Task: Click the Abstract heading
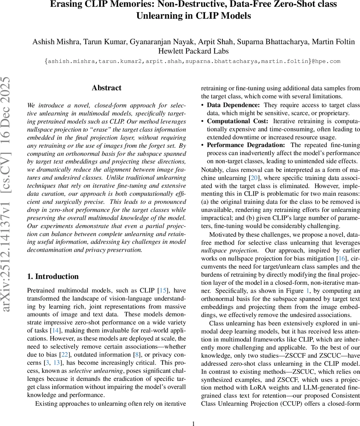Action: click(x=106, y=88)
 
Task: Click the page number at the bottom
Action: click(x=193, y=424)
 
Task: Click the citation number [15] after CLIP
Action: click(x=163, y=291)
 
